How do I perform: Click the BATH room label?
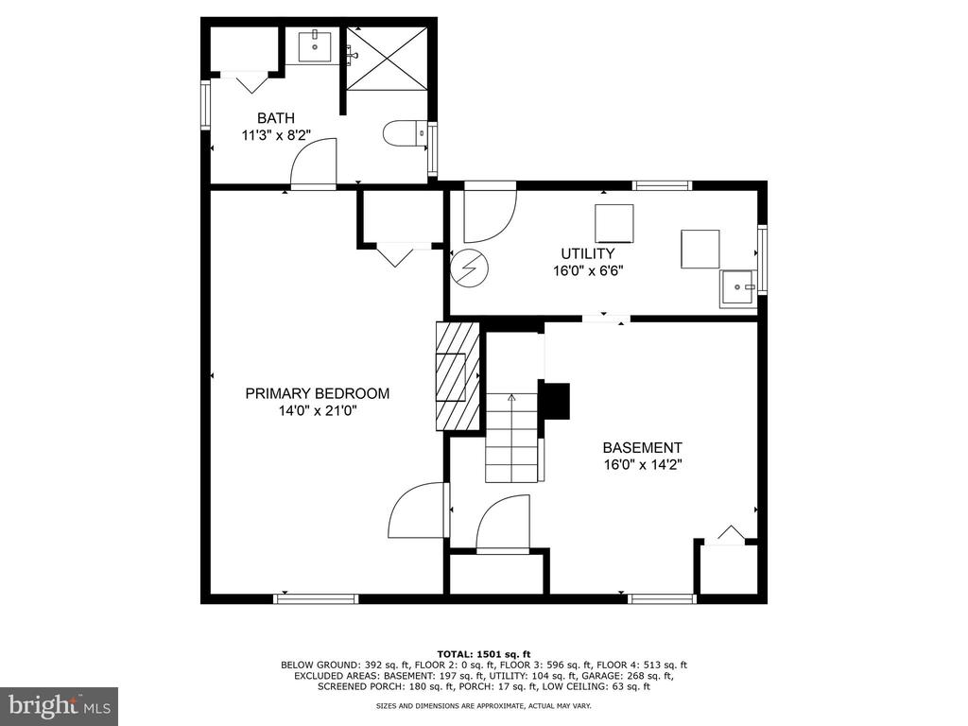coord(275,118)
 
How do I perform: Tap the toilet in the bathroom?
coord(405,133)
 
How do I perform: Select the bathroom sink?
coord(315,45)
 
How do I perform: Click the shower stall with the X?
coord(387,59)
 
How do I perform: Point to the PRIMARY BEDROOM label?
coord(318,393)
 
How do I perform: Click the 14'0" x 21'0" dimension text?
coord(318,410)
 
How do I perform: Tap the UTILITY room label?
coord(587,253)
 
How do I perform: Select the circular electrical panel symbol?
coord(469,268)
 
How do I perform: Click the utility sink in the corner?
coord(737,288)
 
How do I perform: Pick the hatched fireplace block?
coord(458,376)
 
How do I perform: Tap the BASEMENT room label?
coord(642,447)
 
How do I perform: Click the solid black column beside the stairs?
coord(555,401)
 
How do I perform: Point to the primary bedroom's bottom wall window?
coord(316,598)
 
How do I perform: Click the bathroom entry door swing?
coord(314,162)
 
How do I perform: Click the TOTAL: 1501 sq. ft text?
coord(484,654)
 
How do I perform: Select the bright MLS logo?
coord(60,705)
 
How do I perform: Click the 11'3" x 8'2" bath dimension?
coord(275,135)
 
